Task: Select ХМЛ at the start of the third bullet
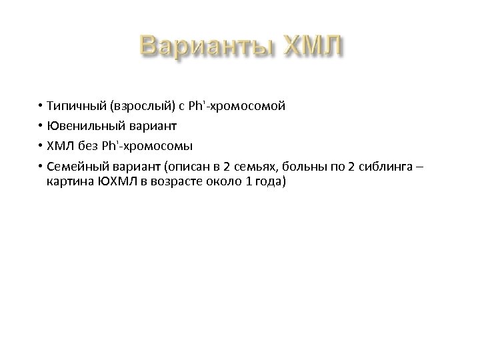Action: pyautogui.click(x=60, y=144)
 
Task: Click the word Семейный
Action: pyautogui.click(x=77, y=163)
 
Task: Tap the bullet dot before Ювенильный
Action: pyautogui.click(x=41, y=125)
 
